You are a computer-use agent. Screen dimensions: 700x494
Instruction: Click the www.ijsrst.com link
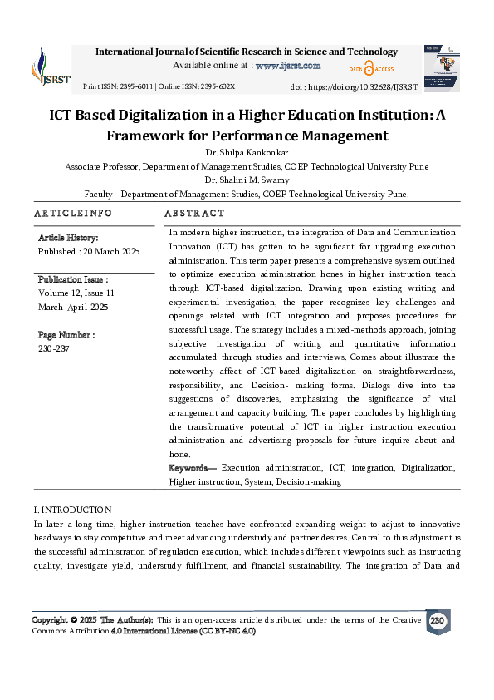pyautogui.click(x=287, y=65)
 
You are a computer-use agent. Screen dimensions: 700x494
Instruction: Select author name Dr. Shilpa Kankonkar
pyautogui.click(x=247, y=152)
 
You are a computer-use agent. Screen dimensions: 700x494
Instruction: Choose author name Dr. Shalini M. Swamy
pyautogui.click(x=247, y=180)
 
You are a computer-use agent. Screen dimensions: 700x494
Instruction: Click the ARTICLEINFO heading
pyautogui.click(x=73, y=214)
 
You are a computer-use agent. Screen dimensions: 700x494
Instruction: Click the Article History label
pyautogui.click(x=68, y=238)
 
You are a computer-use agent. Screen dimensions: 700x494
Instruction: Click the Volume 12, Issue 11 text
pyautogui.click(x=76, y=293)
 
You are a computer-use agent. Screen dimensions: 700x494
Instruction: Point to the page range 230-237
pyautogui.click(x=55, y=349)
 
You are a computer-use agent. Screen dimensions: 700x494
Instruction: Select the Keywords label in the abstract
pyautogui.click(x=193, y=468)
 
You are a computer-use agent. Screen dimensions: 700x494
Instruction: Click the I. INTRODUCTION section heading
pyautogui.click(x=72, y=509)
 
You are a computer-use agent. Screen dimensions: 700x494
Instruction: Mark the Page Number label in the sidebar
pyautogui.click(x=66, y=335)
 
